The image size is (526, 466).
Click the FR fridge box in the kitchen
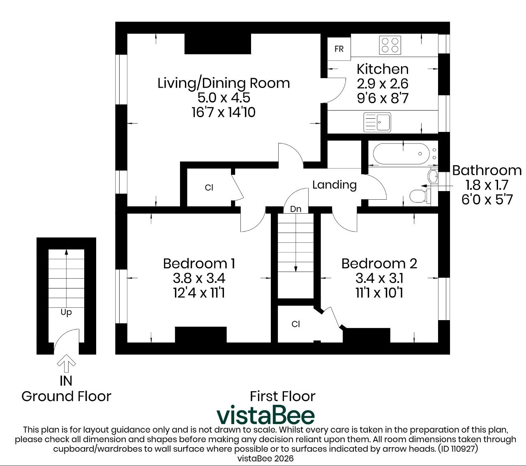point(339,49)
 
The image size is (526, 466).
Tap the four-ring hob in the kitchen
point(390,45)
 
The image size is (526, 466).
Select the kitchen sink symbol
point(377,122)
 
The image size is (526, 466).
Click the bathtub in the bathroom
point(401,154)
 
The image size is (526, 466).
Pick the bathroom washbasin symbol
point(433,177)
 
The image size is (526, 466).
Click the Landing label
point(335,185)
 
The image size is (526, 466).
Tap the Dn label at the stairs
point(295,209)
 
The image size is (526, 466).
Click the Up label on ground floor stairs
point(66,312)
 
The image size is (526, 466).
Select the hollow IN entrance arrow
point(66,363)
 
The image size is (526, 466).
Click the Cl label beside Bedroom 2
point(296,324)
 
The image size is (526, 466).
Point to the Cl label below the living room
point(209,187)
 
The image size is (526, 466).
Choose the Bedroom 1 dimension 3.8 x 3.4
point(199,278)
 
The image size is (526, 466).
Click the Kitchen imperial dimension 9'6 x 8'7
point(383,98)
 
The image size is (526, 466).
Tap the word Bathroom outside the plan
point(487,171)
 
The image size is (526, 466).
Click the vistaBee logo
point(265,415)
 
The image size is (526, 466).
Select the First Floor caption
point(282,397)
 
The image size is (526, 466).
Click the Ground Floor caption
point(66,397)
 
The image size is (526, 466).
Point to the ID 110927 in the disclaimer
point(458,449)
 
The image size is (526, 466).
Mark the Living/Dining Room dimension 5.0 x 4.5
point(224,98)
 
